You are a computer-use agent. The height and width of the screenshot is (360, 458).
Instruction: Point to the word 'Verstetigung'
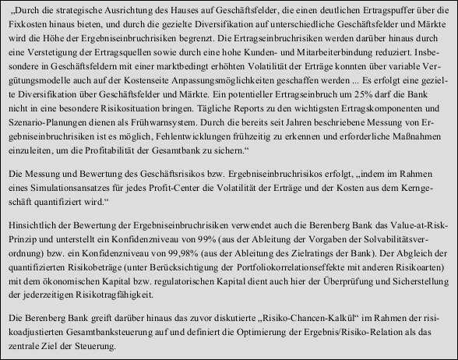click(62, 62)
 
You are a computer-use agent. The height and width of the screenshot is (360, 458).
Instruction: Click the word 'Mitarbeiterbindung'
click(326, 62)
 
